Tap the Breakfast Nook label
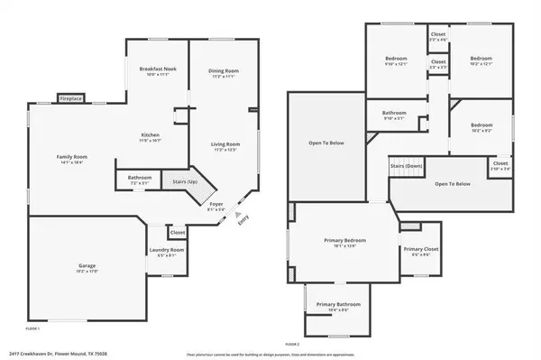pyautogui.click(x=157, y=69)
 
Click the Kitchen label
pyautogui.click(x=150, y=135)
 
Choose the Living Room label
pyautogui.click(x=225, y=143)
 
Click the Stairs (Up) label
pyautogui.click(x=186, y=181)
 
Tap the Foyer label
pyautogui.click(x=216, y=204)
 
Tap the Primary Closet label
pyautogui.click(x=420, y=249)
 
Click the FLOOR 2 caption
pyautogui.click(x=291, y=344)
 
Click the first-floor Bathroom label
pyautogui.click(x=139, y=178)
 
